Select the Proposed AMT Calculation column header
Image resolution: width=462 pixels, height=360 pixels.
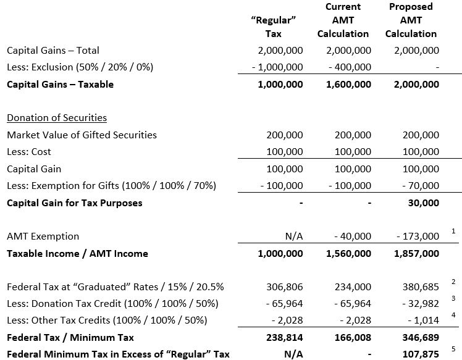tap(411, 20)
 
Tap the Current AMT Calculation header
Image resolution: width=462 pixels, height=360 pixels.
tap(343, 20)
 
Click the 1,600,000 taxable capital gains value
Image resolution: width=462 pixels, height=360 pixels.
tap(348, 85)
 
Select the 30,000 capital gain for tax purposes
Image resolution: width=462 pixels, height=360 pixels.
tap(424, 203)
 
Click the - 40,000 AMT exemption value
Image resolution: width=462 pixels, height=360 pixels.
tap(351, 237)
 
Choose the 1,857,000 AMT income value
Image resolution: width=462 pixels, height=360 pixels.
tap(416, 254)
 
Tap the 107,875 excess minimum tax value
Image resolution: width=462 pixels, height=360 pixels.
tap(421, 354)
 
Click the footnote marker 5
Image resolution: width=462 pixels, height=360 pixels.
tap(453, 348)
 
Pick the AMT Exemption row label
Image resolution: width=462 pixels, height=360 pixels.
tap(43, 237)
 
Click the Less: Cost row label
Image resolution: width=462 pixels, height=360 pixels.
tap(28, 152)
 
